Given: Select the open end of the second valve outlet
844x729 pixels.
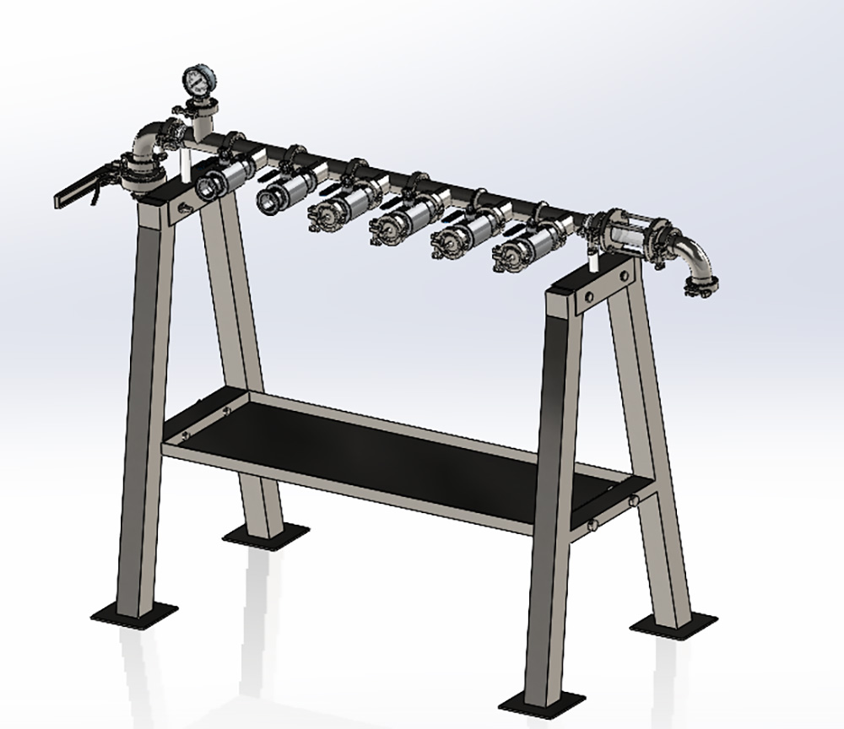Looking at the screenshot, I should (269, 200).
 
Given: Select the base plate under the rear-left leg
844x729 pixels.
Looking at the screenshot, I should (263, 534).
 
